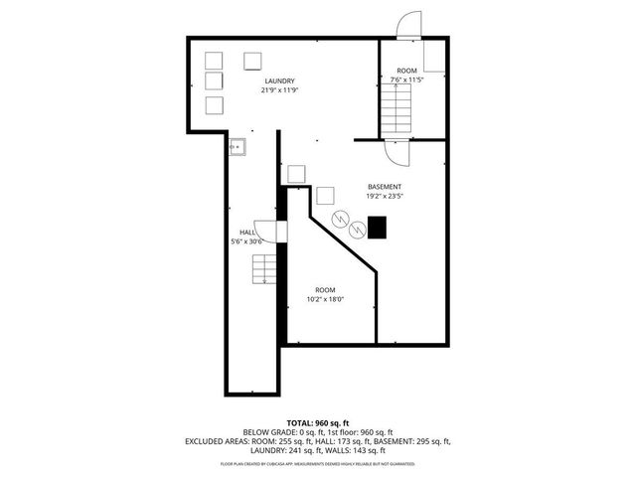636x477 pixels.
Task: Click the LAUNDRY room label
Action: (280, 81)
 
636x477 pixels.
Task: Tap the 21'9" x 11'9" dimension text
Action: (280, 90)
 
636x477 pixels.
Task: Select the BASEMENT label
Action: (385, 188)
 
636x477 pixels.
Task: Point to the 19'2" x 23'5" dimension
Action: (385, 197)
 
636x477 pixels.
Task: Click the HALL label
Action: (246, 233)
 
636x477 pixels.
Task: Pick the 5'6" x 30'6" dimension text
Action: (246, 241)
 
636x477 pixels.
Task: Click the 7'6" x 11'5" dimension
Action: (406, 79)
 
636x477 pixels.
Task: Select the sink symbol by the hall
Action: (237, 147)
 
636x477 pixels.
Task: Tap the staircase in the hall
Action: (264, 269)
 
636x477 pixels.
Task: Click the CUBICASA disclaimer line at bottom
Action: (317, 464)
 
